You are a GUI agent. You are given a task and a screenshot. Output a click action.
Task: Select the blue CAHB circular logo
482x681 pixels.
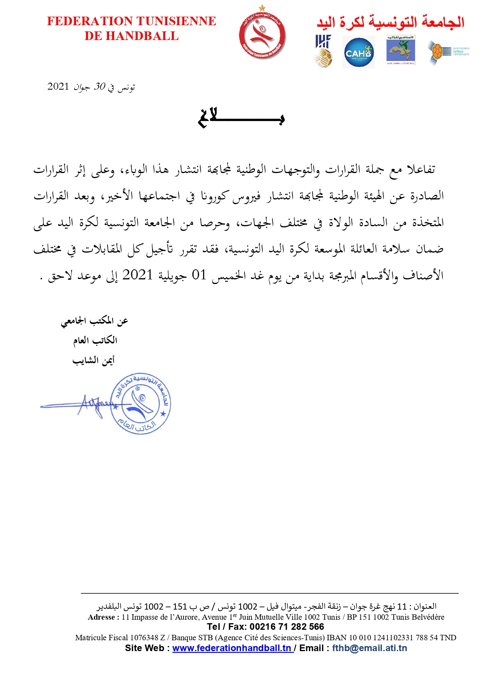pyautogui.click(x=359, y=52)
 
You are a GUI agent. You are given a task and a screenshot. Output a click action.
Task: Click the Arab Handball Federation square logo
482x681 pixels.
pyautogui.click(x=401, y=50)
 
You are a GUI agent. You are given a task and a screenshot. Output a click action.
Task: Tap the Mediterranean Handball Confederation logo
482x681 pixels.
pyautogui.click(x=448, y=52)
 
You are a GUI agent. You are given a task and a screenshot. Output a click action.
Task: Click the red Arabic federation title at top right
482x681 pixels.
pyautogui.click(x=390, y=22)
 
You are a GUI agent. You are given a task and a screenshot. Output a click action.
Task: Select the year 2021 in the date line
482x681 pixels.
pyautogui.click(x=58, y=86)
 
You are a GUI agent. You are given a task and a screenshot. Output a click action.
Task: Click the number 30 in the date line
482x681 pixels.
pyautogui.click(x=99, y=86)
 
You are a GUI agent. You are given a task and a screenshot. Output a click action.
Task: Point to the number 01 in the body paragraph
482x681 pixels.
pyautogui.click(x=199, y=275)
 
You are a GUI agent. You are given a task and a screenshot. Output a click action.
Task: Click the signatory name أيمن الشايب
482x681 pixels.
pyautogui.click(x=94, y=360)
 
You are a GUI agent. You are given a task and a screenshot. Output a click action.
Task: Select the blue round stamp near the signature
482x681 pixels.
pyautogui.click(x=140, y=404)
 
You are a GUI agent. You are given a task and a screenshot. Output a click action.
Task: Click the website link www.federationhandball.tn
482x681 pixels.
pyautogui.click(x=232, y=648)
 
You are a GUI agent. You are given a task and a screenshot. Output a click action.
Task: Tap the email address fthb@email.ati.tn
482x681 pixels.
pyautogui.click(x=369, y=648)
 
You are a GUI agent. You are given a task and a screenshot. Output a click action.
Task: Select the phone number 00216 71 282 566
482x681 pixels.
pyautogui.click(x=287, y=627)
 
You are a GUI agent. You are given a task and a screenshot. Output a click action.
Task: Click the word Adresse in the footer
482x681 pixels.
pyautogui.click(x=101, y=617)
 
